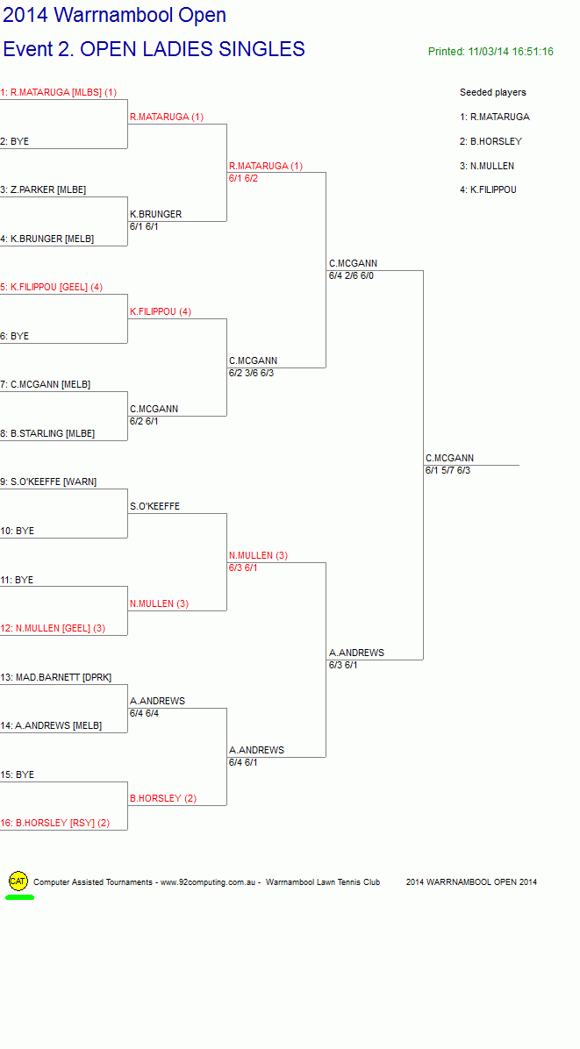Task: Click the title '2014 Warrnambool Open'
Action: click(x=115, y=15)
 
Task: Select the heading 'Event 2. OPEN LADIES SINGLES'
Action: click(x=154, y=49)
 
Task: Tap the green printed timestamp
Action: click(x=490, y=52)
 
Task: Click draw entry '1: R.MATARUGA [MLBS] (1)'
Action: click(x=59, y=92)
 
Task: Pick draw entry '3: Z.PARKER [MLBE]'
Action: click(x=44, y=190)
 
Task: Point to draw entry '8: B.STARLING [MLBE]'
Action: click(x=47, y=433)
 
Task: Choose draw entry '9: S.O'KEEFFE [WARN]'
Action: click(x=49, y=482)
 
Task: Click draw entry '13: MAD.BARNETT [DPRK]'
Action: click(x=56, y=677)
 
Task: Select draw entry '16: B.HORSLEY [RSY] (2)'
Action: click(x=55, y=823)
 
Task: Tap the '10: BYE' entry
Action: click(x=18, y=532)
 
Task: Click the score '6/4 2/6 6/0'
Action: click(x=351, y=275)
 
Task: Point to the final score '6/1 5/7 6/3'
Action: click(x=448, y=470)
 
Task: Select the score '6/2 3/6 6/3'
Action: click(x=251, y=373)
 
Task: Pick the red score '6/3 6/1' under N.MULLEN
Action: click(x=243, y=568)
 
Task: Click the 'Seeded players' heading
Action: click(x=493, y=92)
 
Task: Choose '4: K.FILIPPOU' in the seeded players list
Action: click(x=489, y=190)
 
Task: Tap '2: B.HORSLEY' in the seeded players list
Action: click(x=491, y=141)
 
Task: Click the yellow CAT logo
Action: click(x=18, y=881)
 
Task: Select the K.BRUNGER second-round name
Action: click(x=156, y=214)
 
